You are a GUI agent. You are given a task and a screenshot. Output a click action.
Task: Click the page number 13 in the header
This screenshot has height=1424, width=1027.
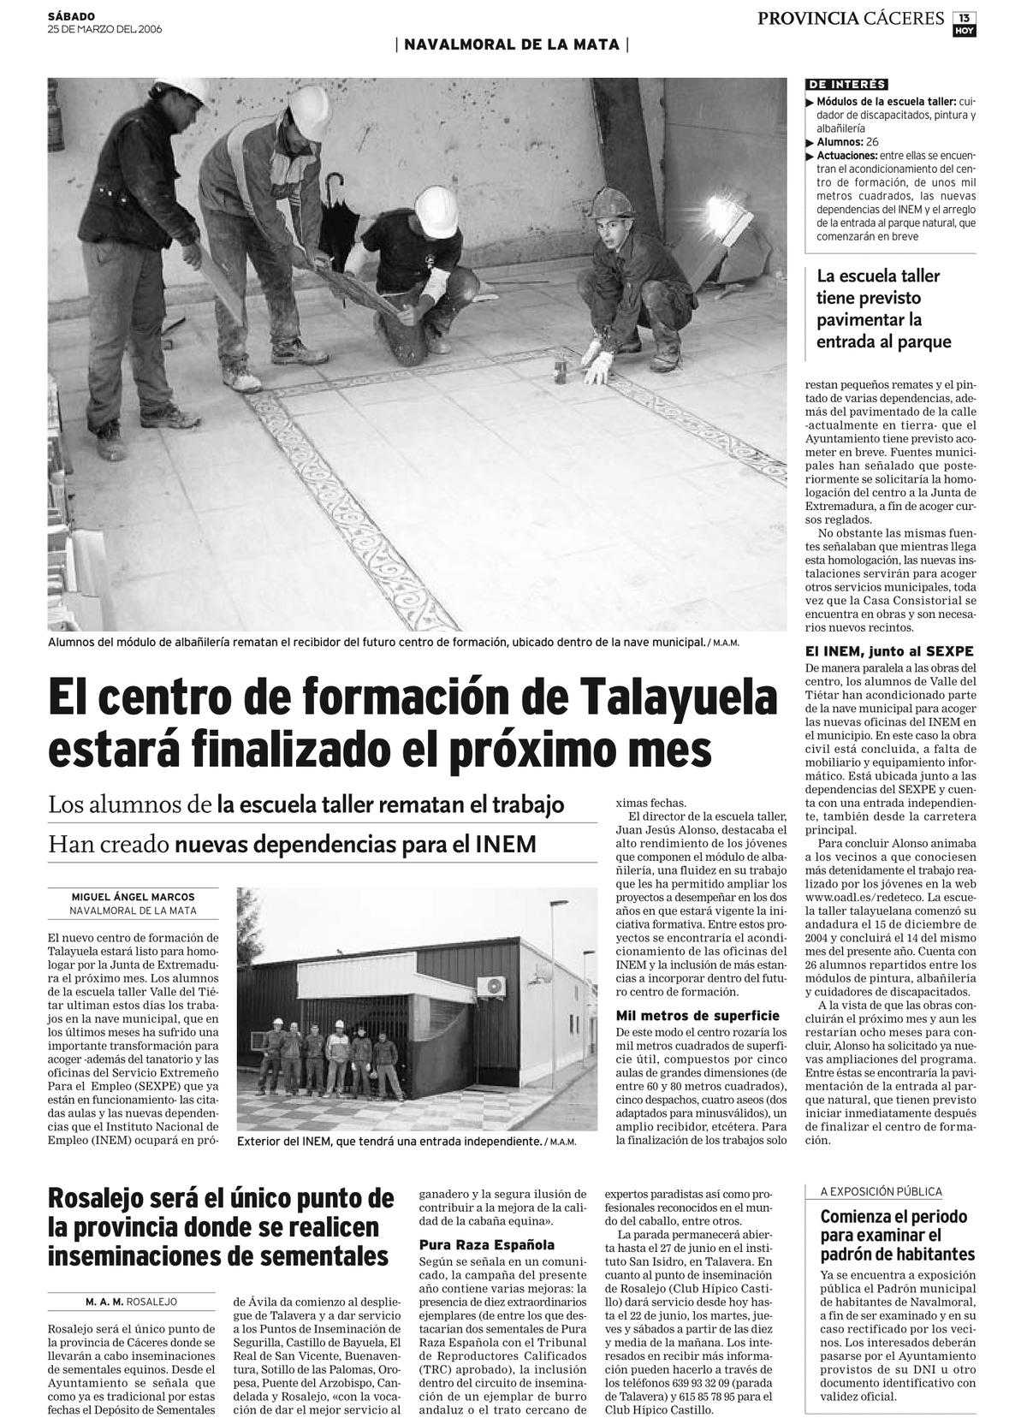point(965,17)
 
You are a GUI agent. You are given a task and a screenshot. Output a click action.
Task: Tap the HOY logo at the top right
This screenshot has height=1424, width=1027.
point(965,31)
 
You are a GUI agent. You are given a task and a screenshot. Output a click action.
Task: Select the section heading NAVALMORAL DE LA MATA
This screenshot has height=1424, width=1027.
point(512,44)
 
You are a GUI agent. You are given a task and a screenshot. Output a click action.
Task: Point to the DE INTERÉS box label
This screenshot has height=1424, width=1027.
point(846,84)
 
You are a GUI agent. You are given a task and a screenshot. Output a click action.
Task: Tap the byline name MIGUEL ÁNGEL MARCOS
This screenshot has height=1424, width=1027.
point(133,897)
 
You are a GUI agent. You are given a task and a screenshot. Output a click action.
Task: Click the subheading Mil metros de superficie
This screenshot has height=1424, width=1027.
point(698,1015)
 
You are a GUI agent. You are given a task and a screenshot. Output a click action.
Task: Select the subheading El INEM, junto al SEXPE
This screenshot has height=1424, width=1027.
point(889,651)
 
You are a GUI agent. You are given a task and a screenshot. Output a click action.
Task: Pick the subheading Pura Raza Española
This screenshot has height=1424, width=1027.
point(487,1244)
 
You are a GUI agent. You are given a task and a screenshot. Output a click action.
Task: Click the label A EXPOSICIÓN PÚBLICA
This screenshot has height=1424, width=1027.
point(882,1191)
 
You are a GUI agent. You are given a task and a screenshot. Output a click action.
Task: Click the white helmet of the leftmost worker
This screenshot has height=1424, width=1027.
point(188,92)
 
